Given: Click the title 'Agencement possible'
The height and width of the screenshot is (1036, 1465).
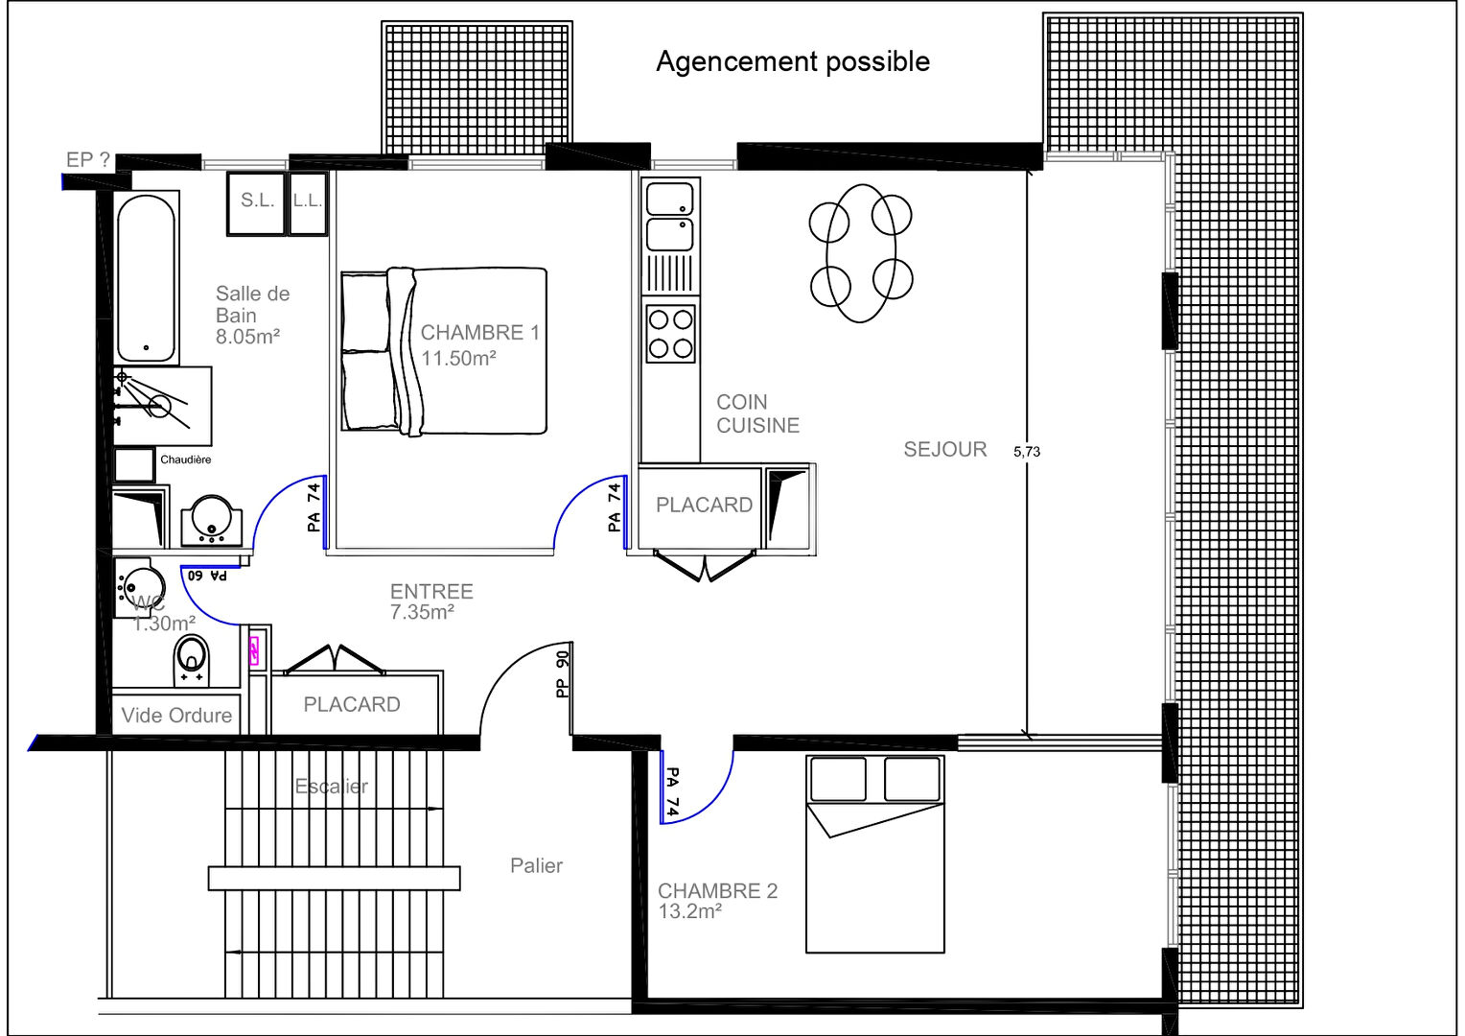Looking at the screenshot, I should coord(793,61).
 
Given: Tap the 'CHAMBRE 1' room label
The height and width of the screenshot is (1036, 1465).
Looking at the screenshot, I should coord(479,333).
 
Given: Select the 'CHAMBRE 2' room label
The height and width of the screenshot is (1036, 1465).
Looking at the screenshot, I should coord(717,890).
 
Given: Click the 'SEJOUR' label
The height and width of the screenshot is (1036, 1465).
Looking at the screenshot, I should coord(944,449).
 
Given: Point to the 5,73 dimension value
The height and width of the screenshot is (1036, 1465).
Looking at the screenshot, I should coord(1027,451).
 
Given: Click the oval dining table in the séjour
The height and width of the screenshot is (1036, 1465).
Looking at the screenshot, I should coord(861,253).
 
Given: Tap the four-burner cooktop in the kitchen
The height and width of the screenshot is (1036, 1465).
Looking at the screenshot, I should coord(670,333).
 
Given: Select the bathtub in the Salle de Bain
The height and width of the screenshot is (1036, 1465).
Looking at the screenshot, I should coord(147,277).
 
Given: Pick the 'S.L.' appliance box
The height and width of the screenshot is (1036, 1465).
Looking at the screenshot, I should coord(257,201).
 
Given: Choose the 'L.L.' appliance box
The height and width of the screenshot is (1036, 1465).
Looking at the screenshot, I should coord(308,201).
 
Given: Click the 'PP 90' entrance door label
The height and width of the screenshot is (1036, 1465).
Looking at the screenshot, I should coord(563,673).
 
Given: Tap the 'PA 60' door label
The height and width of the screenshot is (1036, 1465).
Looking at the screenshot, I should coord(207,576).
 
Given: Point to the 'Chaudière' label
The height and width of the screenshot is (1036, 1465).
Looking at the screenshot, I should coord(185,459).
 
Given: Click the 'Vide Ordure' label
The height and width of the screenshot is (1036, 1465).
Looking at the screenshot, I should coord(176,716).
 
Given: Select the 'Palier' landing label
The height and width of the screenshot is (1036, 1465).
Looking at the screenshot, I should coord(536,865).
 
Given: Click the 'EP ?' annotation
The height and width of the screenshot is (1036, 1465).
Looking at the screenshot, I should coord(88,160).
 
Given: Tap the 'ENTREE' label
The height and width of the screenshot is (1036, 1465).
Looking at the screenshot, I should coord(431,591).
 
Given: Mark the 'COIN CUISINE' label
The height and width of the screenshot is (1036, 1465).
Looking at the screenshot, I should coord(756,413).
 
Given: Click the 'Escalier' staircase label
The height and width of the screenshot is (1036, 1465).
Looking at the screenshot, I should coord(331,787).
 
